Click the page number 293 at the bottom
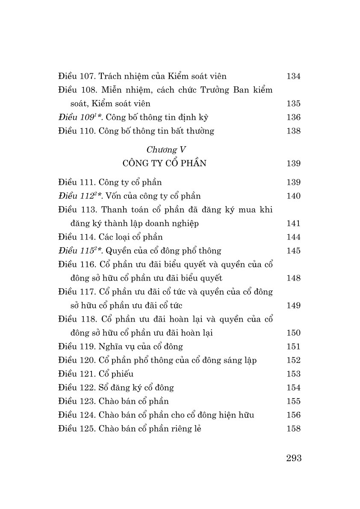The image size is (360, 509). point(294,458)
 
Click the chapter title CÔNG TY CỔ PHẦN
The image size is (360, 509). point(164,163)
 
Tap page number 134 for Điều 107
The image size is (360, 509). point(293,76)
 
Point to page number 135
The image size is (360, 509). point(293,104)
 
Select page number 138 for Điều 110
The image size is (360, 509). point(293,131)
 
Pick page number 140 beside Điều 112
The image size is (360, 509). point(293,196)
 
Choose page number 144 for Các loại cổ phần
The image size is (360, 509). point(293,237)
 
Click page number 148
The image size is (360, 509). point(293,278)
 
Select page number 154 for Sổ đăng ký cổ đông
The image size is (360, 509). point(293,388)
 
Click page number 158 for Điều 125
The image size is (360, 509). point(293,429)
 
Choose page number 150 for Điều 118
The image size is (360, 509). point(293,333)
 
